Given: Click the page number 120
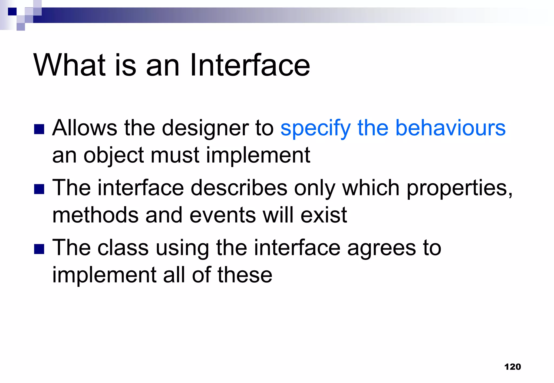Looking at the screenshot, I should [512, 367].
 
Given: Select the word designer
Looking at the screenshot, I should [205, 128].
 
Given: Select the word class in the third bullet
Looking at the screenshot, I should [123, 248].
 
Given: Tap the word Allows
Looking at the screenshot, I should [85, 128].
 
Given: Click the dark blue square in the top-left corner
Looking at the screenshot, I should [12, 12].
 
